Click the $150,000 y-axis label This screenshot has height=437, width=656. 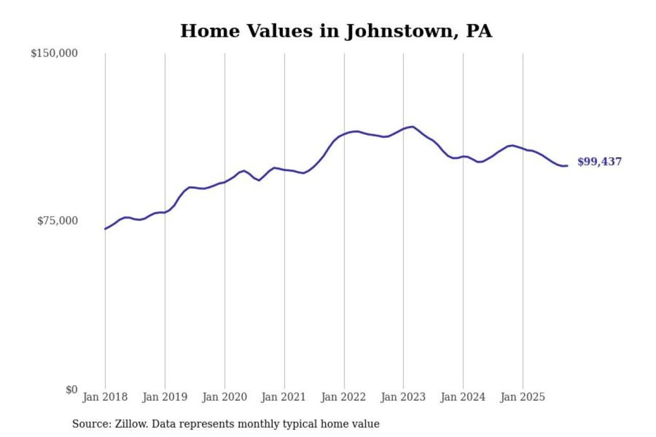pos(54,53)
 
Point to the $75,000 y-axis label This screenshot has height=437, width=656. pos(57,221)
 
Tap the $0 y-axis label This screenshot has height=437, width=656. pos(72,390)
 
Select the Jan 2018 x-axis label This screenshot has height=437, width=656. pos(105,397)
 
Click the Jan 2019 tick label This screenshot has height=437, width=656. pos(165,397)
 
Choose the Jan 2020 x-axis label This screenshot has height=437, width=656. pos(225,397)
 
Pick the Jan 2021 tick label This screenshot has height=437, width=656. pos(283,397)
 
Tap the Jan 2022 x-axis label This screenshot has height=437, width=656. pos(343,397)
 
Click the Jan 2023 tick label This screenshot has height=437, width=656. pos(403,397)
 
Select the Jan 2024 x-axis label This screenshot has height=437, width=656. pos(463,397)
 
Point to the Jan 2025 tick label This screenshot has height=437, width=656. pos(523,397)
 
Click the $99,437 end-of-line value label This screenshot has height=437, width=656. pos(600,162)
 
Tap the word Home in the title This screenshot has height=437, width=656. pos(210,31)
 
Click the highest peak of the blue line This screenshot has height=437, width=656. pos(413,127)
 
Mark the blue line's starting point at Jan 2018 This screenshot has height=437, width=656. pos(105,229)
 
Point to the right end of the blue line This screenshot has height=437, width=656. pos(567,166)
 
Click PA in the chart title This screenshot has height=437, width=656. pos(479,31)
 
